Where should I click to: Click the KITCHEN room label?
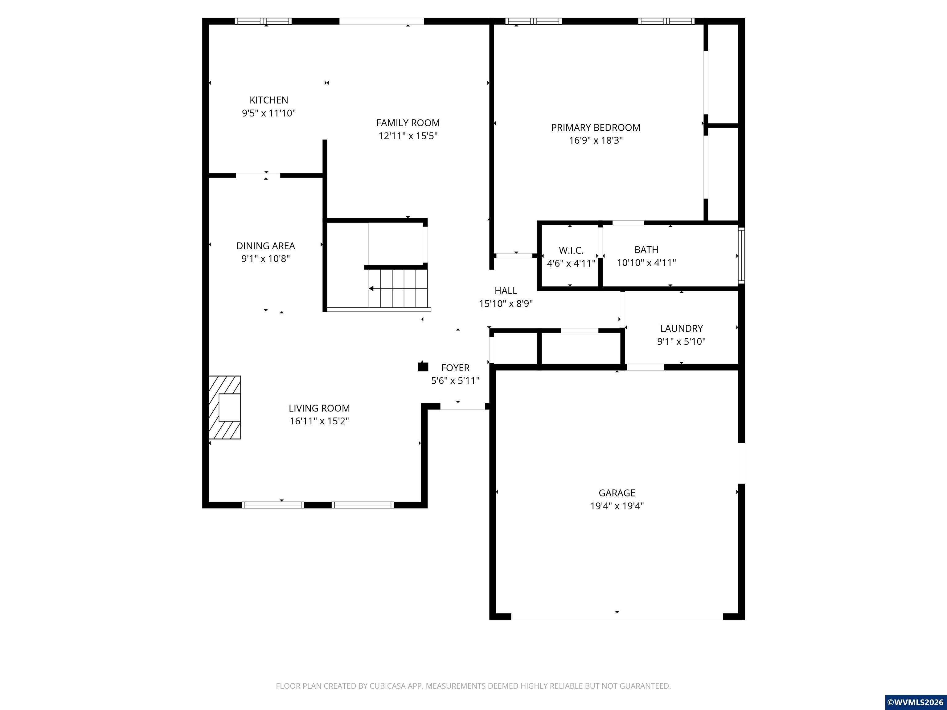pos(269,100)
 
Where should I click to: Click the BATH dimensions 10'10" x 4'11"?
pos(646,263)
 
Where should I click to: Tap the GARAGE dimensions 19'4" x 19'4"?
pos(617,506)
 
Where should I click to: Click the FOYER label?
pos(455,368)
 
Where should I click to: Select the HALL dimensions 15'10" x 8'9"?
pos(505,304)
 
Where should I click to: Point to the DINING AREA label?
pos(265,246)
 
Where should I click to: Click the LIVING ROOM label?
pos(319,408)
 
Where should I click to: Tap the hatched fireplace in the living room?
pos(225,407)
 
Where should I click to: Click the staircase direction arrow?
pos(371,289)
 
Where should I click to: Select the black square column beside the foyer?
pos(423,366)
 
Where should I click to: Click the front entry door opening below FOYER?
pos(462,409)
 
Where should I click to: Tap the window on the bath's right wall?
pos(741,255)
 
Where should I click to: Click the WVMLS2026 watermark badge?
pos(915,702)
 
